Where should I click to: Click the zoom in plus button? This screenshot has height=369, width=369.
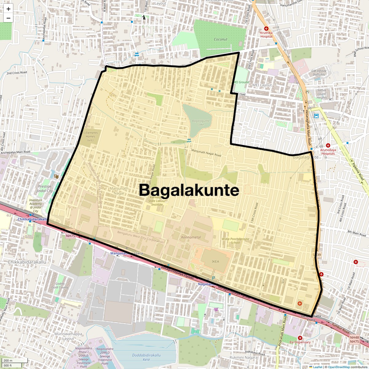click(8, 9)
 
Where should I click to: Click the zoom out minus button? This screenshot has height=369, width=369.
click(8, 18)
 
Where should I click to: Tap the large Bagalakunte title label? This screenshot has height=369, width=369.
click(189, 190)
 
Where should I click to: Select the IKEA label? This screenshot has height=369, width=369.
click(215, 261)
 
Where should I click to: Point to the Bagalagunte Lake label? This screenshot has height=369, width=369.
click(200, 122)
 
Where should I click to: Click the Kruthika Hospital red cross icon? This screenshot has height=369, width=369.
click(266, 29)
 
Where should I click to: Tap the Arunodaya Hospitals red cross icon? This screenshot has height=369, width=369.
click(328, 145)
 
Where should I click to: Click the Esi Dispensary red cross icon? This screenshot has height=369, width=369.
click(300, 338)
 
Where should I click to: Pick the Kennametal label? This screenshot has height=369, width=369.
click(191, 237)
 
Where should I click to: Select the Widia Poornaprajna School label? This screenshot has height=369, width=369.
click(236, 240)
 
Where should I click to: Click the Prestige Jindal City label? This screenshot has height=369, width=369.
click(45, 188)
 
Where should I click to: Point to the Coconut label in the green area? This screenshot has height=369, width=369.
click(220, 39)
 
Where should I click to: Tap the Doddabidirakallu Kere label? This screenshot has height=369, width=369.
click(146, 357)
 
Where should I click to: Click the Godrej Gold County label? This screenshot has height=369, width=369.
click(60, 286)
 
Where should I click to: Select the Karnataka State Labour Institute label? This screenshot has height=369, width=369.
click(157, 201)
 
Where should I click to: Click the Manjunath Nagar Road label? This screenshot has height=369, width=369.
click(206, 153)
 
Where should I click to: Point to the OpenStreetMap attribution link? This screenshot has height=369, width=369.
click(339, 367)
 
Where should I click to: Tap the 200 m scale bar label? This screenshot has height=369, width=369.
click(8, 361)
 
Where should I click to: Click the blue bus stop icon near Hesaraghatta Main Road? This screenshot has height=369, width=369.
click(316, 116)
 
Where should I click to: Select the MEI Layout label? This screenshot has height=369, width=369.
click(262, 85)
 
